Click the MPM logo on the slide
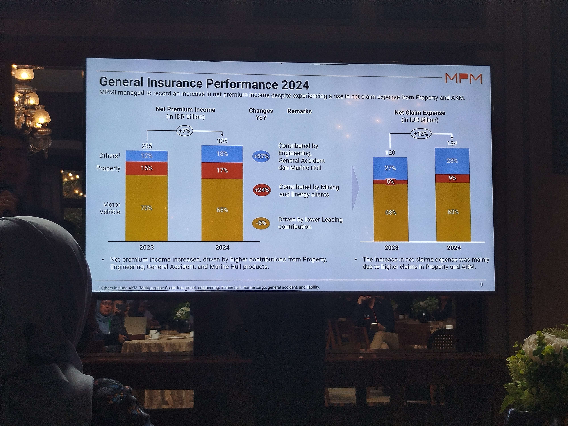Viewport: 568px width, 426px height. pos(463,78)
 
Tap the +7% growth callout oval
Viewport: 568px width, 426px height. pos(185,131)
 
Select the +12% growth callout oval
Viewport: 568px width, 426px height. pos(421,134)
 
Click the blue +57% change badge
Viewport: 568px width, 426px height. pos(261,156)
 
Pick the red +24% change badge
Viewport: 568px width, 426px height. pos(262,190)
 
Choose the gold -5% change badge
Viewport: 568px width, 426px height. pos(261,223)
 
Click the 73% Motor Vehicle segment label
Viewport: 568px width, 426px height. pos(147,208)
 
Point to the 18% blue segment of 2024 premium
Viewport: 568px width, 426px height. pos(222,154)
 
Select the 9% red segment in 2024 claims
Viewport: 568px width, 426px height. pos(452,178)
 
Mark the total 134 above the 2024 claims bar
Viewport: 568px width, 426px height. pos(452,143)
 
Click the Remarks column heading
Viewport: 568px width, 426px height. pos(299,111)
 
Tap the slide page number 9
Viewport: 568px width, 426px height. pos(482,285)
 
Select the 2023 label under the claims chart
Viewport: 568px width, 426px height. pos(391,248)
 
